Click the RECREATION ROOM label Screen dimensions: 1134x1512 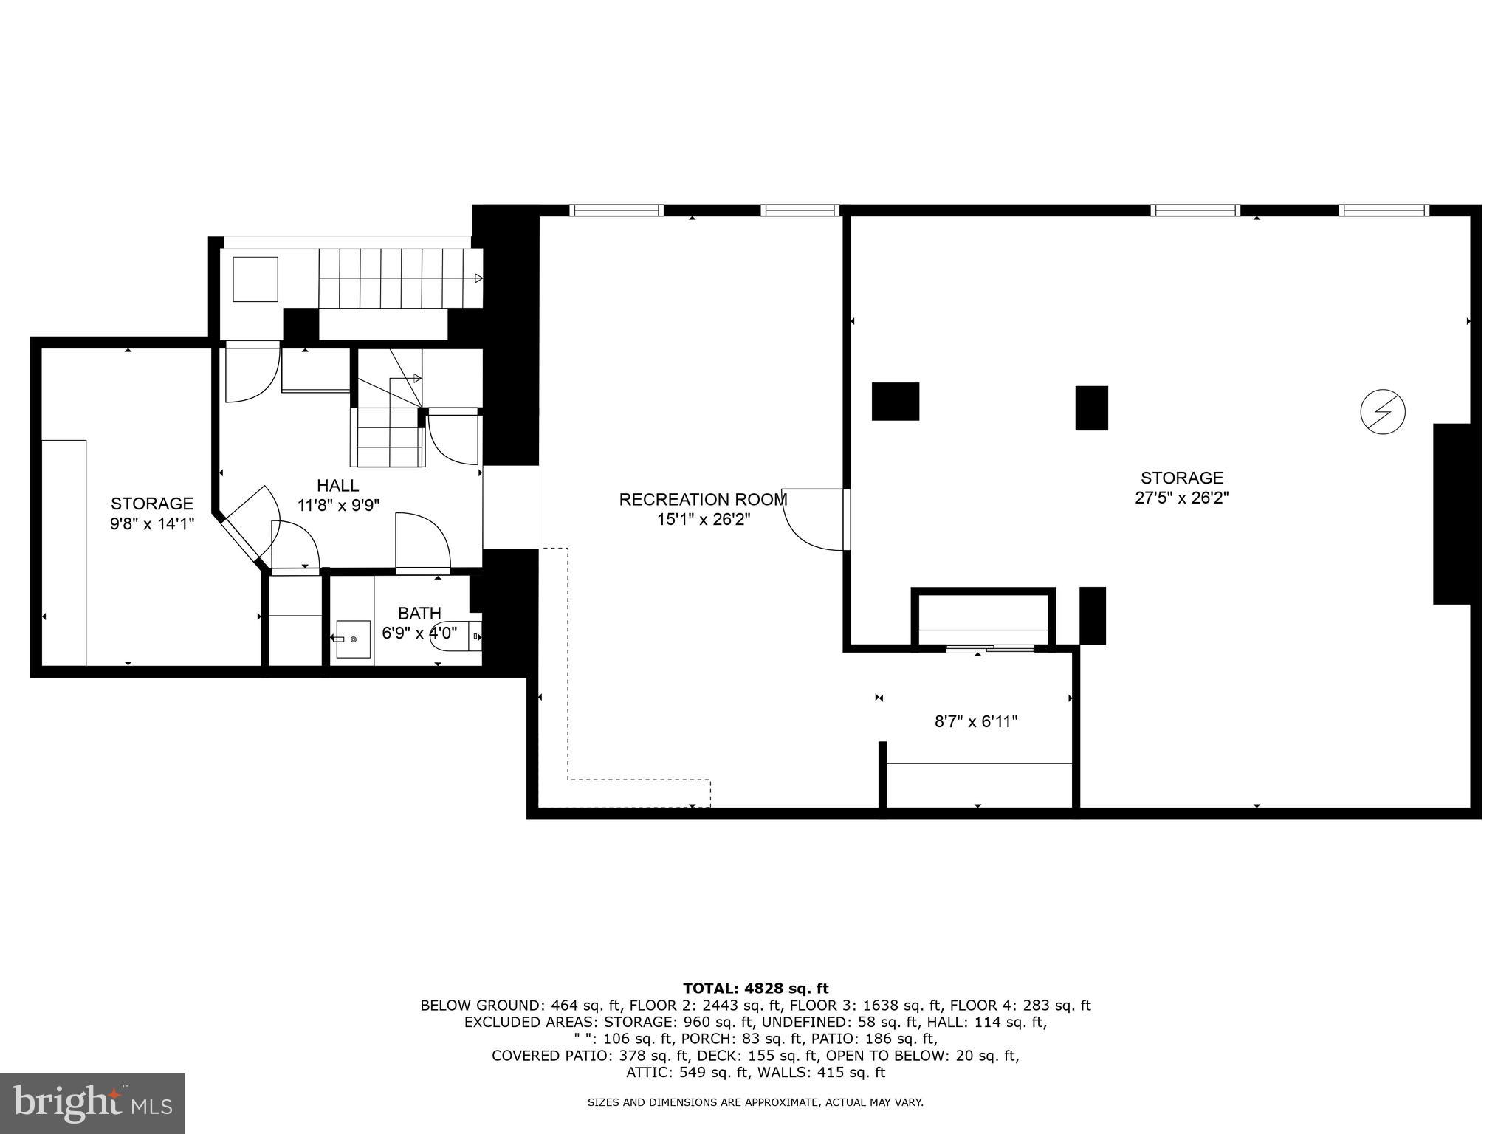coord(703,500)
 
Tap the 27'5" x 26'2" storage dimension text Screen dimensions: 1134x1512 coord(1181,498)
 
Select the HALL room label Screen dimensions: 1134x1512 coord(338,486)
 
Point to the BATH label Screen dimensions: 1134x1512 coord(419,614)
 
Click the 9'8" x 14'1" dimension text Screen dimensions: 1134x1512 coord(152,523)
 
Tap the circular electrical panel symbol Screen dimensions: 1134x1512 coord(1382,412)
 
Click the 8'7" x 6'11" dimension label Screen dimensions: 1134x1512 coord(976,722)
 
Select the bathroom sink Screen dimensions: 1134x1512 coord(353,639)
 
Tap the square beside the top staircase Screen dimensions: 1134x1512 coord(255,279)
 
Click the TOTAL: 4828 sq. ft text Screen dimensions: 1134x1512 coord(755,989)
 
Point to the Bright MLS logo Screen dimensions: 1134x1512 coord(92,1103)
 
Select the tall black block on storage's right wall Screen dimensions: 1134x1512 coord(1451,514)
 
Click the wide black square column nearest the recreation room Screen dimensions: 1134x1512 coord(896,402)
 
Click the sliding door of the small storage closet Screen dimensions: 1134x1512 coord(989,649)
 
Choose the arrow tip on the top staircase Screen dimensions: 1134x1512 coord(479,278)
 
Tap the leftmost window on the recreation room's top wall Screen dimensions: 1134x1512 coord(616,210)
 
